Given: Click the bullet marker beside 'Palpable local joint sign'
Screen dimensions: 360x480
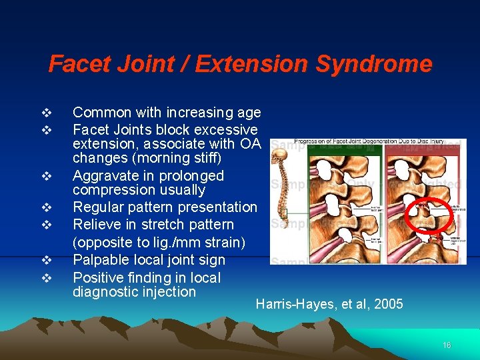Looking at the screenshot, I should click(x=45, y=260).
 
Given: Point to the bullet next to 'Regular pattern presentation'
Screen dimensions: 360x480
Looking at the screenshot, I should click(x=45, y=207).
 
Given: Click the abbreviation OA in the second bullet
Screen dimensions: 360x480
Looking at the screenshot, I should click(x=253, y=143).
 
